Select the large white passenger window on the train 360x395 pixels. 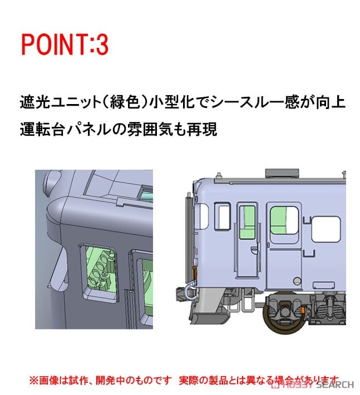pos(326,229)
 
